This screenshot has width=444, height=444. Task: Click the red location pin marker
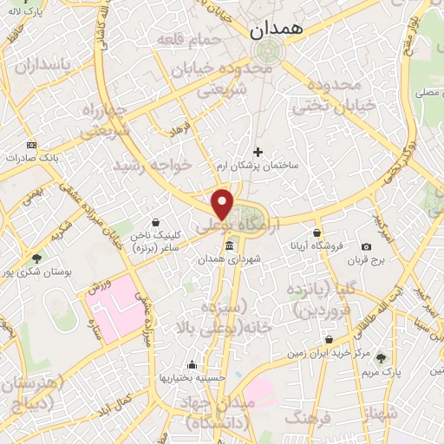click(x=223, y=204)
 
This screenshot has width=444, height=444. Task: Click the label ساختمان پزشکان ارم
click(x=258, y=163)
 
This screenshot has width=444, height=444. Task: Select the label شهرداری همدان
click(x=228, y=258)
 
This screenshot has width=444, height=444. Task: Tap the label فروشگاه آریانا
click(x=318, y=245)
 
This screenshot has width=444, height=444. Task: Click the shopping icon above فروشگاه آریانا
click(x=317, y=233)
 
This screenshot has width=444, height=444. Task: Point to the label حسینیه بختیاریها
click(x=191, y=378)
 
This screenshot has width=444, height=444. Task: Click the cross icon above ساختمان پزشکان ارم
click(x=258, y=152)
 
